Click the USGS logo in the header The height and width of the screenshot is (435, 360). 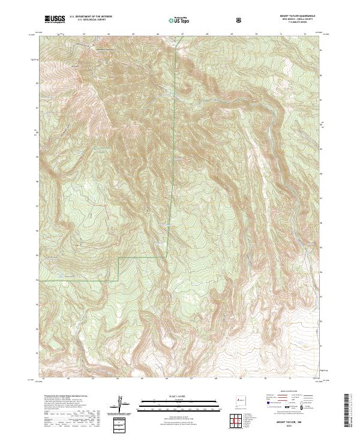55,19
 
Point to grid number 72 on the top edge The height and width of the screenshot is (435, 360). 305,34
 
